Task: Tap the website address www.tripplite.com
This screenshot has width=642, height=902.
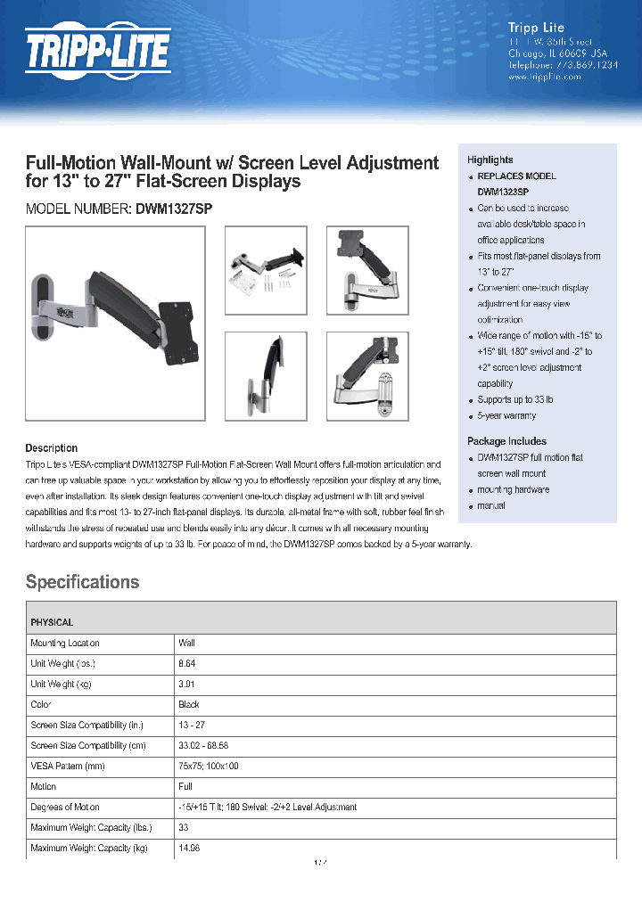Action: tap(544, 77)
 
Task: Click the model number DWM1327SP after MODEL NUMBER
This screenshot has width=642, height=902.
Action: tap(174, 208)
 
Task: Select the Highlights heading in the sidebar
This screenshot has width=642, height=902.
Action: tap(490, 160)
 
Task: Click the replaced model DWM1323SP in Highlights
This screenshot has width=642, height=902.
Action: tap(502, 192)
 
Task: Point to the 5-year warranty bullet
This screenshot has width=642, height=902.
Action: tap(506, 416)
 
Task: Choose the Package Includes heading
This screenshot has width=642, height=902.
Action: tap(506, 441)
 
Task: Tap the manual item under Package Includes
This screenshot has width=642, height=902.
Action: tap(490, 505)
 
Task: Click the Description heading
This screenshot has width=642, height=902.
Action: tap(51, 448)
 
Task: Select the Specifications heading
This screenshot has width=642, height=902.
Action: tap(82, 582)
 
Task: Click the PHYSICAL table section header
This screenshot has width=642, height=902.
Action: tap(52, 622)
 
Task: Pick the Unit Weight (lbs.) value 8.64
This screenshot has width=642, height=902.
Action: tap(186, 663)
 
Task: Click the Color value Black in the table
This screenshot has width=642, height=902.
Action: tap(189, 704)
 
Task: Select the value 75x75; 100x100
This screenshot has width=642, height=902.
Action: tap(209, 766)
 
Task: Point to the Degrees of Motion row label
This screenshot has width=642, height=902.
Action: tap(65, 807)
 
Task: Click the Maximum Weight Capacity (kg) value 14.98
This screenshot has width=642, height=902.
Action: tap(189, 848)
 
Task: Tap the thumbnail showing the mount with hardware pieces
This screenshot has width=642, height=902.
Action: tap(266, 270)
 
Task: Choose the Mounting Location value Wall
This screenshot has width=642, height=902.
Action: tap(186, 643)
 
